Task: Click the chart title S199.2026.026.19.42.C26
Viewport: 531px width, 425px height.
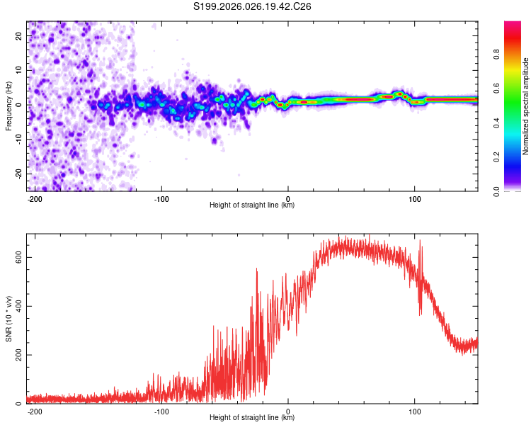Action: [253, 7]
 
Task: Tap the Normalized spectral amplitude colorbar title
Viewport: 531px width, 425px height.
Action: [526, 106]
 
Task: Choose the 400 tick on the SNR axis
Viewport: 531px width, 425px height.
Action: [17, 306]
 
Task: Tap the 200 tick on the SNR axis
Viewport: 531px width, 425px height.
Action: [17, 355]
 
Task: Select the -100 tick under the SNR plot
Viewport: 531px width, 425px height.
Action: [161, 410]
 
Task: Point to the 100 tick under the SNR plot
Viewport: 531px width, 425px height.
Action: [414, 410]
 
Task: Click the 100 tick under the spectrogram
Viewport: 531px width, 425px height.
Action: [414, 198]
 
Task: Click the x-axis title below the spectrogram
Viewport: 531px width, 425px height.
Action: [252, 205]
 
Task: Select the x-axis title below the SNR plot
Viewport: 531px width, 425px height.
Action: [252, 418]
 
